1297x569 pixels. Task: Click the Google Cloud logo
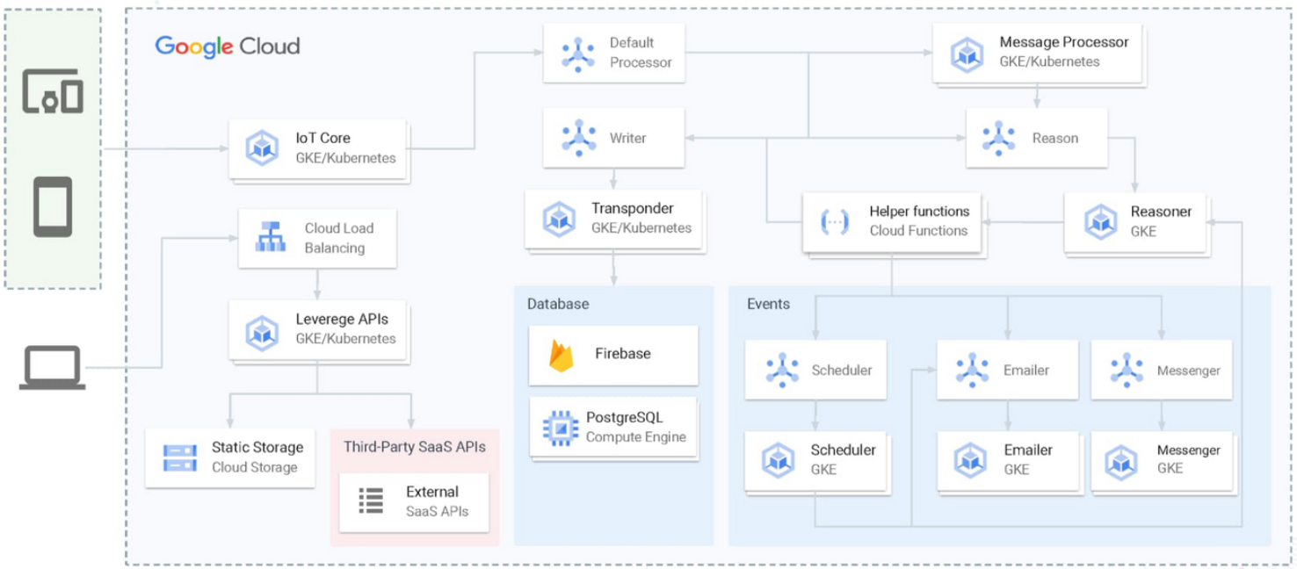pyautogui.click(x=228, y=47)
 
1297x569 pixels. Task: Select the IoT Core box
pyautogui.click(x=318, y=148)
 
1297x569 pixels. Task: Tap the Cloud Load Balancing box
pyautogui.click(x=317, y=238)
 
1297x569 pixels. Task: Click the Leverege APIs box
pyautogui.click(x=317, y=328)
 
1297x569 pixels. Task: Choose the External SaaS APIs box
pyautogui.click(x=414, y=501)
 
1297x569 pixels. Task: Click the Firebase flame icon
pyautogui.click(x=561, y=354)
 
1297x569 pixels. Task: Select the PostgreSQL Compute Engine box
pyautogui.click(x=612, y=427)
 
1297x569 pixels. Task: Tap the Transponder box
pyautogui.click(x=613, y=219)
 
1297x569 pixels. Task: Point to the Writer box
pyautogui.click(x=613, y=138)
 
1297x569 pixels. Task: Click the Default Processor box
pyautogui.click(x=613, y=53)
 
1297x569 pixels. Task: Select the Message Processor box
pyautogui.click(x=1039, y=53)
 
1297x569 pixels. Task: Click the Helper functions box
pyautogui.click(x=893, y=221)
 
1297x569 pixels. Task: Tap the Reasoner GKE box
pyautogui.click(x=1136, y=221)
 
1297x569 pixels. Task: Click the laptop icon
pyautogui.click(x=53, y=367)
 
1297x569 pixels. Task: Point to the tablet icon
pyautogui.click(x=53, y=206)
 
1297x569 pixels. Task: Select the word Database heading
pyautogui.click(x=558, y=304)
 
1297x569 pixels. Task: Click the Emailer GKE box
pyautogui.click(x=1007, y=459)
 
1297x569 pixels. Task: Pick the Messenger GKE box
pyautogui.click(x=1163, y=459)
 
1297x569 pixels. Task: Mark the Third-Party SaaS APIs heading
pyautogui.click(x=414, y=447)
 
